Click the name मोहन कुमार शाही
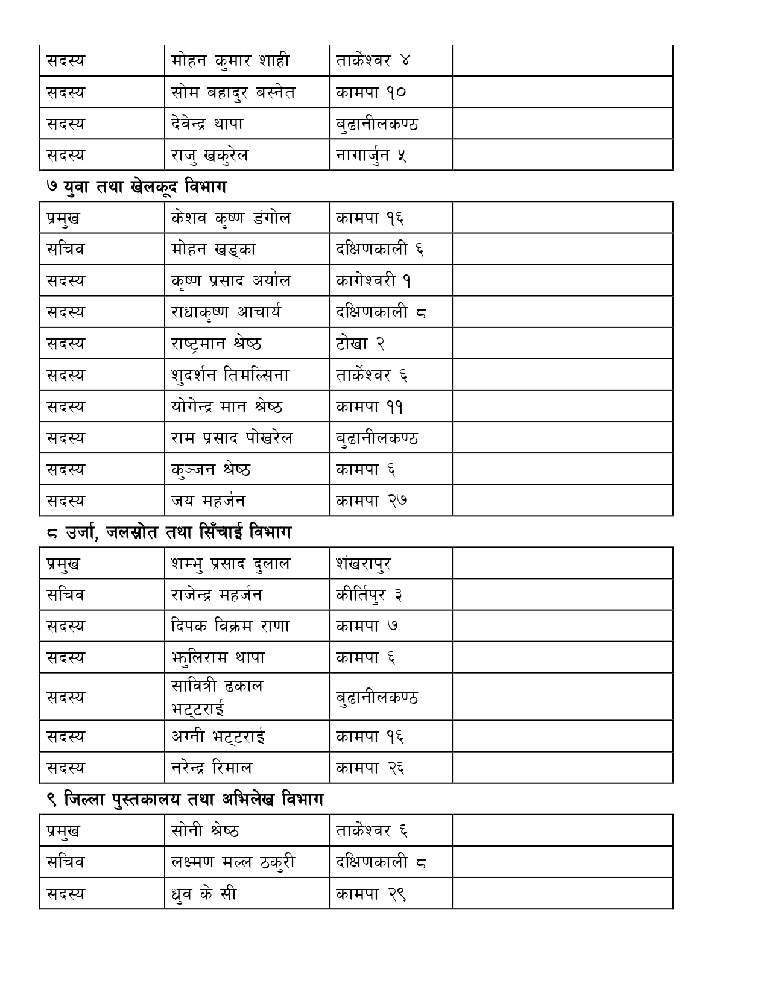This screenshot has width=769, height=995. pos(230,61)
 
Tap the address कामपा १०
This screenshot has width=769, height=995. pos(371,92)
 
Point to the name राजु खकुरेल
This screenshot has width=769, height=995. pos(209,156)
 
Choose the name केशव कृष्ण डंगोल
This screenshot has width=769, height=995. pos(230,218)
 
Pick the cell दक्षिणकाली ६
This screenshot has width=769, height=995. pos(379,249)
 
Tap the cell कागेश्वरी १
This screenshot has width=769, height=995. pos(373,280)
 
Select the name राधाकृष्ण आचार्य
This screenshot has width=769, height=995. pos(226,312)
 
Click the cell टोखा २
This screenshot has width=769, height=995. pos(360,344)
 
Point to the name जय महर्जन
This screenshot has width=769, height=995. pos(208,501)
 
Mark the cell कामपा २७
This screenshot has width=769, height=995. pos(371,501)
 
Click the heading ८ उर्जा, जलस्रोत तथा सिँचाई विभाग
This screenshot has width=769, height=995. pos(169,532)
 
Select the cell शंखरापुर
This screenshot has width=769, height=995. pos(363,564)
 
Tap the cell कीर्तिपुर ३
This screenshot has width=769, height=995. pos(369,595)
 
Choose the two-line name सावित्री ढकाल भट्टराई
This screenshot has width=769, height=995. pos(217,696)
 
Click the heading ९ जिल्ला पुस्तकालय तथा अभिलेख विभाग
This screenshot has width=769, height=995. pos(185,800)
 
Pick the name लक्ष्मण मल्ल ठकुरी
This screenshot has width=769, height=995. pos(233,862)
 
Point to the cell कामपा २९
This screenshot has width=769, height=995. pos(371,894)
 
